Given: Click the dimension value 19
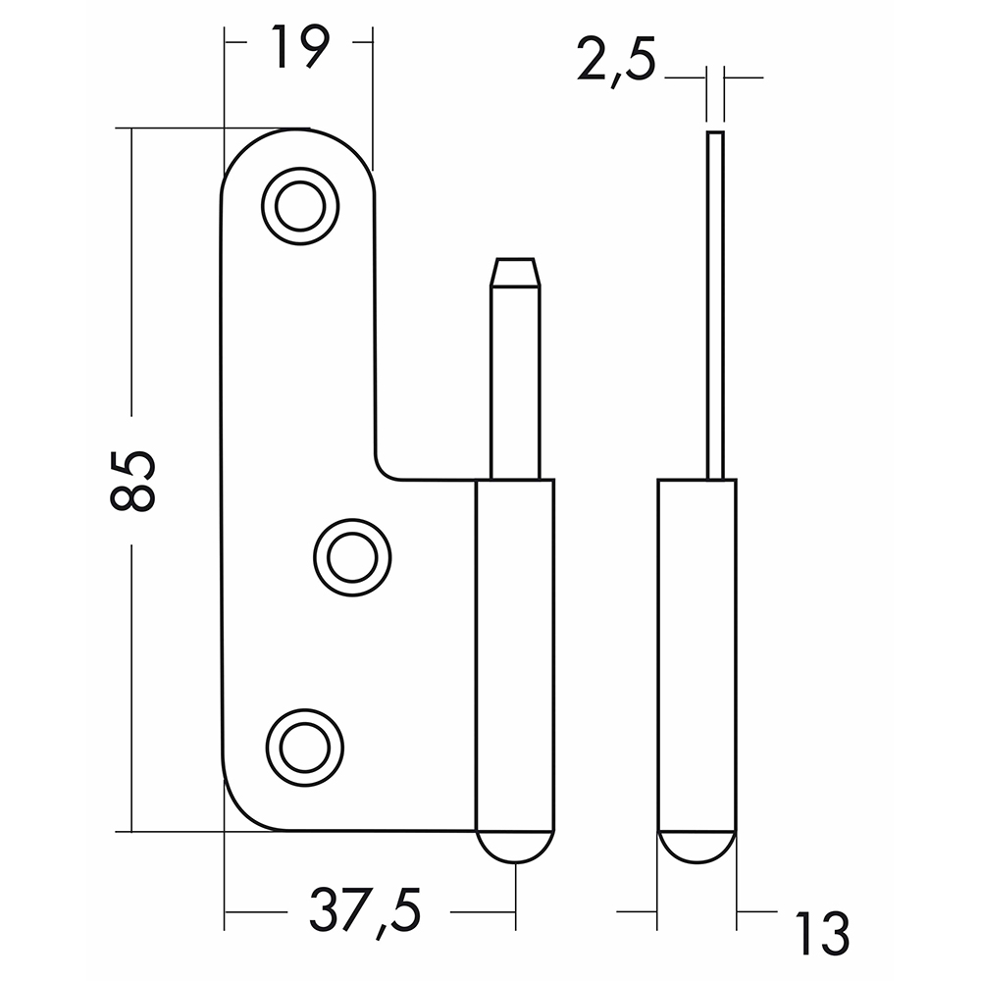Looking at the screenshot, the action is [x=299, y=48].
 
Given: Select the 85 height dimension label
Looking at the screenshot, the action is [x=132, y=480].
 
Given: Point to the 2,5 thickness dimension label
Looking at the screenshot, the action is [x=616, y=61].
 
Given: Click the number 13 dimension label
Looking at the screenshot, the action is [x=822, y=934].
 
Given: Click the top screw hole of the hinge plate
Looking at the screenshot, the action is [x=300, y=206].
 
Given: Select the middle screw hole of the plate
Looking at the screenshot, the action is [x=352, y=557].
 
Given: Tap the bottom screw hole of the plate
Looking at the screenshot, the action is [x=305, y=748].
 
